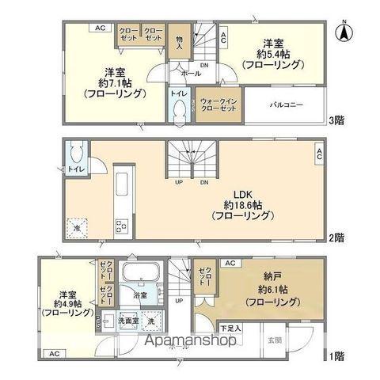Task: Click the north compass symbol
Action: [x=345, y=32]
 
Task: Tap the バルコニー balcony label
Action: [x=286, y=104]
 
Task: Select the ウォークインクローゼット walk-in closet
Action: [x=217, y=105]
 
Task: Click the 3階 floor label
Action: [x=338, y=120]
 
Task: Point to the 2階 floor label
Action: [x=338, y=237]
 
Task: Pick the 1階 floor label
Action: [x=338, y=355]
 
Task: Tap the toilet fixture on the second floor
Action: [x=75, y=151]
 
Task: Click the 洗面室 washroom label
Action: [x=127, y=322]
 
